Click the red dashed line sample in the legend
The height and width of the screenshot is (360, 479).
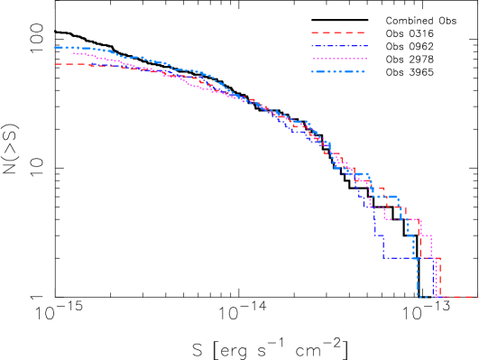337,32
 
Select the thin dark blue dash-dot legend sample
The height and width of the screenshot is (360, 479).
337,45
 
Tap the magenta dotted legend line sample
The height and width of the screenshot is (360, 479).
337,58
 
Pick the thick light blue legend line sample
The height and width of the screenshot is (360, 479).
337,71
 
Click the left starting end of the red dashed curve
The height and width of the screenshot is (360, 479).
56,64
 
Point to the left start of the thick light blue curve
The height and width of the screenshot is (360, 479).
56,48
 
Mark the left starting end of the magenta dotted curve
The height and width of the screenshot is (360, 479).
75,54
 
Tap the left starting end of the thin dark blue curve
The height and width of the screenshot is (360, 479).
90,65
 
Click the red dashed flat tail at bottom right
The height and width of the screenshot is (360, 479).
460,296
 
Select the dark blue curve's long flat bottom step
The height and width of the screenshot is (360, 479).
406,258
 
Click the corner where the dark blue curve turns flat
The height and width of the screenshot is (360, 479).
383,258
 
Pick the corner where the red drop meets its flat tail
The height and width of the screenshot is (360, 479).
439,296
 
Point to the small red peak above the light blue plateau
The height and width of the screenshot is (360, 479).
381,189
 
